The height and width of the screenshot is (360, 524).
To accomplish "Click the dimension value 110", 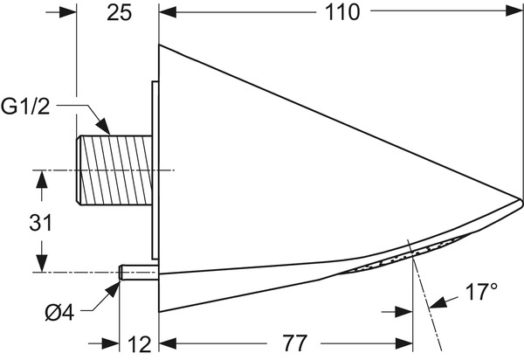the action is pyautogui.click(x=342, y=13).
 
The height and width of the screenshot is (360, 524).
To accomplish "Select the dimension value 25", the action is pyautogui.click(x=120, y=13).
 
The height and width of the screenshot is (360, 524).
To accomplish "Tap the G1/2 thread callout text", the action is pyautogui.click(x=25, y=107).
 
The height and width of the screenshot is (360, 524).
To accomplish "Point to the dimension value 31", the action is pyautogui.click(x=41, y=223).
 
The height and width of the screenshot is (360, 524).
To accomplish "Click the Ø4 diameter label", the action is pyautogui.click(x=59, y=313).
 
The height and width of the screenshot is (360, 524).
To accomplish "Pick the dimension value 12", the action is pyautogui.click(x=140, y=344).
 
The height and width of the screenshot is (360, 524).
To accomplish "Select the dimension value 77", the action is pyautogui.click(x=295, y=343).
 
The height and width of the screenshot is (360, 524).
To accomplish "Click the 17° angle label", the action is pyautogui.click(x=481, y=292).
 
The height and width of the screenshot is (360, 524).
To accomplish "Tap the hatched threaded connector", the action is pyautogui.click(x=114, y=170).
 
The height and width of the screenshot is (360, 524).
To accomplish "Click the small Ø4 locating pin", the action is pyautogui.click(x=139, y=273).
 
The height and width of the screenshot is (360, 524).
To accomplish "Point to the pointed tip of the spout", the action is pyautogui.click(x=521, y=201).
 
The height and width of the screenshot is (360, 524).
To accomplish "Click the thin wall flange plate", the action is pyautogui.click(x=155, y=170).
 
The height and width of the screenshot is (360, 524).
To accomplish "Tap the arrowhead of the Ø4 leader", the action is pyautogui.click(x=112, y=290).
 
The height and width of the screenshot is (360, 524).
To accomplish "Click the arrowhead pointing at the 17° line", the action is pyautogui.click(x=438, y=302).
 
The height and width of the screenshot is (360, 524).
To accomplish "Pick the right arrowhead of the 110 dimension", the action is pyautogui.click(x=514, y=11).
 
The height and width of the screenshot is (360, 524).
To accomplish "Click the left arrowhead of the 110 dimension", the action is pyautogui.click(x=168, y=13).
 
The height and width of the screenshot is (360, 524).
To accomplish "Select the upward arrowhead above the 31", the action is pyautogui.click(x=41, y=179).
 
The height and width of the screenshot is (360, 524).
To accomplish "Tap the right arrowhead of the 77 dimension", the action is pyautogui.click(x=404, y=343).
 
